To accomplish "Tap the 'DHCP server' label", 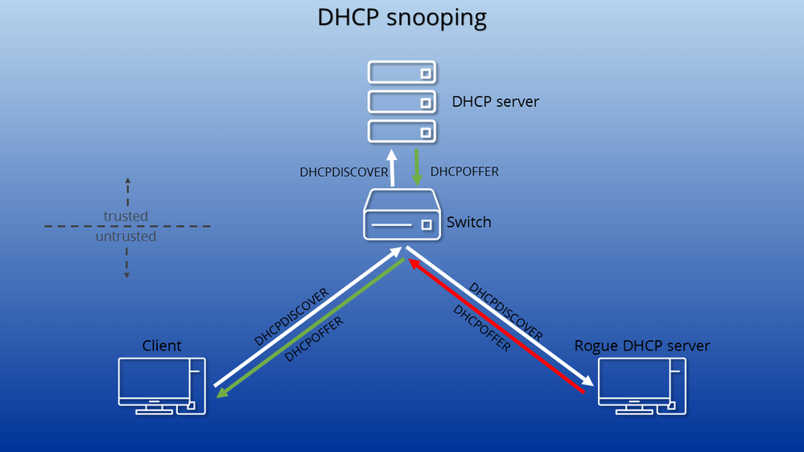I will pyautogui.click(x=495, y=102).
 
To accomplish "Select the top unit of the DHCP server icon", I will pyautogui.click(x=402, y=73).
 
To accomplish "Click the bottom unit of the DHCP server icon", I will pyautogui.click(x=402, y=130).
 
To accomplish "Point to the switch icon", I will pyautogui.click(x=402, y=215).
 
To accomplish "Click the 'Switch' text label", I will pyautogui.click(x=468, y=222).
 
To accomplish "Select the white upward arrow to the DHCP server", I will pyautogui.click(x=392, y=168).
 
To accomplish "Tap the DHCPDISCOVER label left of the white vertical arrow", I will pyautogui.click(x=344, y=172).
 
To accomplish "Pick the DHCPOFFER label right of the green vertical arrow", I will pyautogui.click(x=464, y=172).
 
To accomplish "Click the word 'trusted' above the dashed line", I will pyautogui.click(x=126, y=216).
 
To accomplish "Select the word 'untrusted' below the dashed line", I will pyautogui.click(x=126, y=237).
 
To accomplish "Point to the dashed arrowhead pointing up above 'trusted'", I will pyautogui.click(x=126, y=180).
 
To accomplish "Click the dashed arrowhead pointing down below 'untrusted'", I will pyautogui.click(x=126, y=274).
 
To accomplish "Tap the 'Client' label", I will pyautogui.click(x=162, y=346).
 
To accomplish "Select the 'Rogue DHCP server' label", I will pyautogui.click(x=642, y=346).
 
